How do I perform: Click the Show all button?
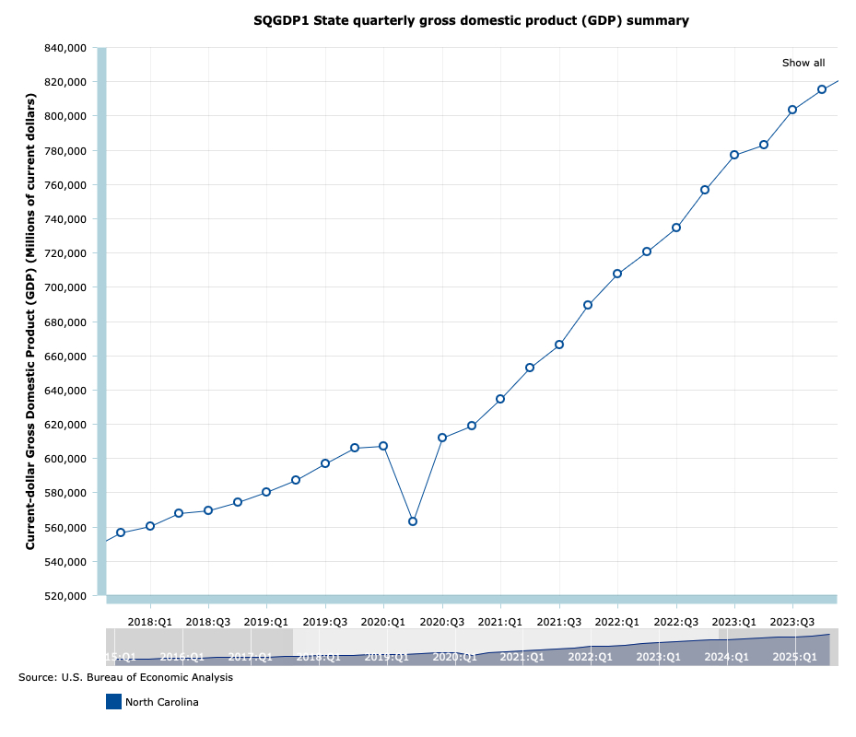pos(803,63)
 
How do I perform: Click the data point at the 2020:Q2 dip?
pos(413,521)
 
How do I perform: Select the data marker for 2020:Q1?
pos(383,446)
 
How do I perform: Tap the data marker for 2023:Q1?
pos(734,155)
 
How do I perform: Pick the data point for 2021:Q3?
pos(559,345)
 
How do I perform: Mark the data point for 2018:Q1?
pos(150,526)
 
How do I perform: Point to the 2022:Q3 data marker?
pos(676,228)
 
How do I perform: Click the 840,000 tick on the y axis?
pos(65,48)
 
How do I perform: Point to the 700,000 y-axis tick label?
pos(65,287)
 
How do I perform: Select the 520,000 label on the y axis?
pos(65,596)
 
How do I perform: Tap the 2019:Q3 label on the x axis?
pos(325,621)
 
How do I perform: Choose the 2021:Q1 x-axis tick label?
pos(501,621)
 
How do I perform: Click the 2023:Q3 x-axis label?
pos(793,621)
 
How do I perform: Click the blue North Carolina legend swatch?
pos(113,702)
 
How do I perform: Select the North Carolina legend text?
pos(162,702)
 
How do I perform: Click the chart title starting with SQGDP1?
pos(471,20)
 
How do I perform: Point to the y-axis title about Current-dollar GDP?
pos(30,310)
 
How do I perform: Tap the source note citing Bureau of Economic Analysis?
pos(125,677)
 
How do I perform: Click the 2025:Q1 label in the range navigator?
pos(794,657)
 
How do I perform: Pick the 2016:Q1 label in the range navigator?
pos(182,657)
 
